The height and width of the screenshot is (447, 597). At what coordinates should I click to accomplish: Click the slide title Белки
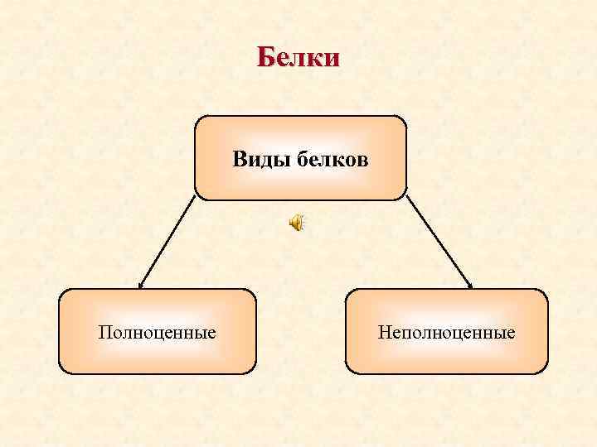point(298,58)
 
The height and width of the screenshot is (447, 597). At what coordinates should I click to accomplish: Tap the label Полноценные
point(157,333)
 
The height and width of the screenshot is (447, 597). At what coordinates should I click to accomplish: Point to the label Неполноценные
point(446,333)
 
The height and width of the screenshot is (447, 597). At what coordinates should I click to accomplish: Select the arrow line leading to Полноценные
point(167,242)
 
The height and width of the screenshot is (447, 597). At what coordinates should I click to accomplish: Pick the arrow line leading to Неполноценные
point(439,242)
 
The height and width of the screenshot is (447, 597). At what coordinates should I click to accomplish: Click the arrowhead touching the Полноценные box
point(140,286)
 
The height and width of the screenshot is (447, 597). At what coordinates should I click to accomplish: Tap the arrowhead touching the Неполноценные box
point(470,286)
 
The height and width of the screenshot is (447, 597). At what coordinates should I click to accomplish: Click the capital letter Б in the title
point(265,58)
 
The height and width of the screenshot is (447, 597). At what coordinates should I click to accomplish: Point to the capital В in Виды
point(239,159)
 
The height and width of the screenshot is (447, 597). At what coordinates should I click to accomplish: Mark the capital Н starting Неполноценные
point(383,333)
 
